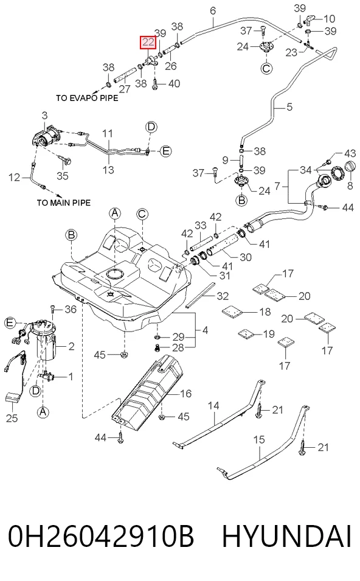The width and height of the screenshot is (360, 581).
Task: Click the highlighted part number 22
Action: coord(148,42)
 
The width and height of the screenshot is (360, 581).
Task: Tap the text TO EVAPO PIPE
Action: coord(87,98)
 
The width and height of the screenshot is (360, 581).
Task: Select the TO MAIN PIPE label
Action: coord(64,203)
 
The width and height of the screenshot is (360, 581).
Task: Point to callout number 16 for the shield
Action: coord(186,393)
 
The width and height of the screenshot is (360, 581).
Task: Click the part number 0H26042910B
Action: coord(101,536)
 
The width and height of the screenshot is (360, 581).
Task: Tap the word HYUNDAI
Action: coord(286,536)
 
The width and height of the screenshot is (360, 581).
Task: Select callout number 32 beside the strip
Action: coord(223,296)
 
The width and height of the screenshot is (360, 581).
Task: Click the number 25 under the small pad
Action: coord(12,418)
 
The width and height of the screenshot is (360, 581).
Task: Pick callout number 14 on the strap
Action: coord(213,405)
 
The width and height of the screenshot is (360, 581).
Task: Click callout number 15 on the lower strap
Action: coord(259,439)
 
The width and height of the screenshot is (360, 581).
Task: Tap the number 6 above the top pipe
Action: coord(213,11)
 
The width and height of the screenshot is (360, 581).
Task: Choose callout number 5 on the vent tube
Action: coord(289,106)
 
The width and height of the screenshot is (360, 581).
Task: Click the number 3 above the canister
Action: coord(45,116)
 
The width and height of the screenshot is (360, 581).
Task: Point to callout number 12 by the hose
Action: coord(15,178)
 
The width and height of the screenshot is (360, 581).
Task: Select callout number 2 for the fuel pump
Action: coord(72,346)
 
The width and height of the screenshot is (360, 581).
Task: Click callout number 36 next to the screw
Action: coord(71,308)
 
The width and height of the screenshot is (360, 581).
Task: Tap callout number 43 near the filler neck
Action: coord(350,153)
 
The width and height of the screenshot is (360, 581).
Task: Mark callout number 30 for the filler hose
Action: coord(246,257)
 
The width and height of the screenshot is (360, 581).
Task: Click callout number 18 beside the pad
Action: coord(265,311)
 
